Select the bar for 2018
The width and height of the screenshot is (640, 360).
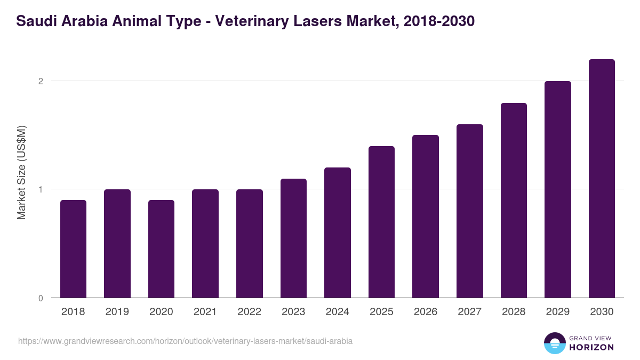(x=73, y=249)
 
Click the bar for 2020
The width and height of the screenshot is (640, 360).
(x=161, y=249)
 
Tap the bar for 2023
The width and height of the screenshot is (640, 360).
(x=293, y=238)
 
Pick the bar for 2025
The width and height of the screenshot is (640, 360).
(x=381, y=222)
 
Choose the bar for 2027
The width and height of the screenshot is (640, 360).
(x=469, y=211)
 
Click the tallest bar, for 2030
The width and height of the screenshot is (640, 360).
(x=602, y=178)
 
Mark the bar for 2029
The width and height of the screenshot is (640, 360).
(x=557, y=189)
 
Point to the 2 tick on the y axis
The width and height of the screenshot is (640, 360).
(x=40, y=81)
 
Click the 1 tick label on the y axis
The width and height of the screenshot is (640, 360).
(x=40, y=189)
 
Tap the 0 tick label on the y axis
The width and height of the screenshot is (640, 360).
(x=40, y=298)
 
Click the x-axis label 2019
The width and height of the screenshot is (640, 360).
(x=117, y=312)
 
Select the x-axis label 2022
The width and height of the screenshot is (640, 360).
(x=249, y=312)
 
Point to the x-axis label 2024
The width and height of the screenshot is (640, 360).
(x=337, y=312)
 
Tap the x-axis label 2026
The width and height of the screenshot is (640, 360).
(x=425, y=312)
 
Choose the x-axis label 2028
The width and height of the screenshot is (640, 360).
(x=513, y=312)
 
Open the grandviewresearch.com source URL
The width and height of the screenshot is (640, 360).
(x=185, y=341)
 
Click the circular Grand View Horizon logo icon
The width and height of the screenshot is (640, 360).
(x=554, y=343)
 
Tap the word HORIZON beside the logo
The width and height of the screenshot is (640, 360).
(x=591, y=347)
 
